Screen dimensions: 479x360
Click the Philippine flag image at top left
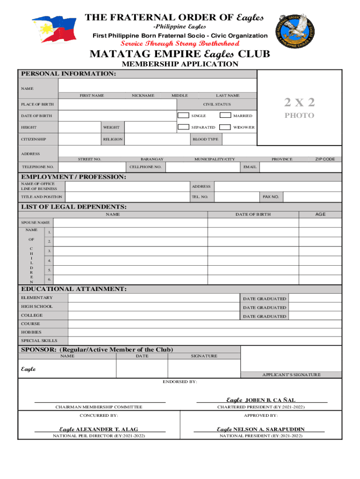pyautogui.click(x=53, y=29)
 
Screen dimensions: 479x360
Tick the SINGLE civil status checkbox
pyautogui.click(x=183, y=115)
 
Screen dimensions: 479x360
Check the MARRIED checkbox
pyautogui.click(x=225, y=115)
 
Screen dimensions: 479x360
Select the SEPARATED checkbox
pyautogui.click(x=183, y=127)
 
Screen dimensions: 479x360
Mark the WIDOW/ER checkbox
pyautogui.click(x=225, y=127)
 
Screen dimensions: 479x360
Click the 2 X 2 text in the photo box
pyautogui.click(x=299, y=102)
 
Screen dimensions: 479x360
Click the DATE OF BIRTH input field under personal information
pyautogui.click(x=117, y=116)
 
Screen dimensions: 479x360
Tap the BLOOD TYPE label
pyautogui.click(x=205, y=139)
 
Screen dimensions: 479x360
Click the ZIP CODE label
pyautogui.click(x=324, y=159)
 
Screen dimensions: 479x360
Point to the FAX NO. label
pyautogui.click(x=271, y=197)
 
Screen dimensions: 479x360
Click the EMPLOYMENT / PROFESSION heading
pyautogui.click(x=73, y=177)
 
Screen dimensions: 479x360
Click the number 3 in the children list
pyautogui.click(x=49, y=251)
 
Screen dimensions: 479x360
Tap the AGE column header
pyautogui.click(x=320, y=214)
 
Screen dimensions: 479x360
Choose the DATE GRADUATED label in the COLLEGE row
pyautogui.click(x=264, y=316)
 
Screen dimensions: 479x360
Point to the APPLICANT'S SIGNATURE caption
pyautogui.click(x=291, y=374)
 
